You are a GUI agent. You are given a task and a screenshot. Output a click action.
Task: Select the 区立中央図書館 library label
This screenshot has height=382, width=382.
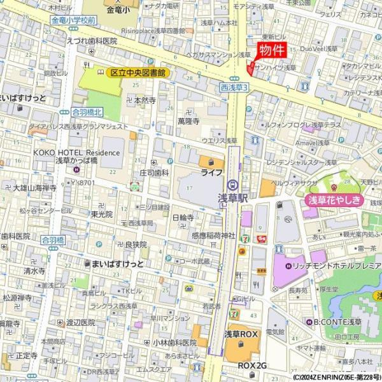(138, 73)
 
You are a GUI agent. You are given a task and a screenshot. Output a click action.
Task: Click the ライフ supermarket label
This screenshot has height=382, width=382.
(211, 173)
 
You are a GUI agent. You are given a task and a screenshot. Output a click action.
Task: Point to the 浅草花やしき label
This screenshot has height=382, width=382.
(335, 201)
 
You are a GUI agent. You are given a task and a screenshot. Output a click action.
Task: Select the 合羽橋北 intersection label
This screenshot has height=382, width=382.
(87, 111)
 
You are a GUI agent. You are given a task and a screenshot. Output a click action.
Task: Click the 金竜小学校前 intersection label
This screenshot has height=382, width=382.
(74, 20)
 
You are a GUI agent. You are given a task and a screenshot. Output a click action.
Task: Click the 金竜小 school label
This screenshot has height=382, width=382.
(119, 10)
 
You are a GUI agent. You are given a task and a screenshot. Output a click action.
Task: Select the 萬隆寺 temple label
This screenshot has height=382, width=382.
(189, 120)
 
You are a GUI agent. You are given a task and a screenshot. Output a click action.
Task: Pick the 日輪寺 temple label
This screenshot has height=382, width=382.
(183, 217)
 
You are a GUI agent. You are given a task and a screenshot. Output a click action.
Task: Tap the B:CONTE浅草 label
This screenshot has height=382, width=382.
(337, 321)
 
